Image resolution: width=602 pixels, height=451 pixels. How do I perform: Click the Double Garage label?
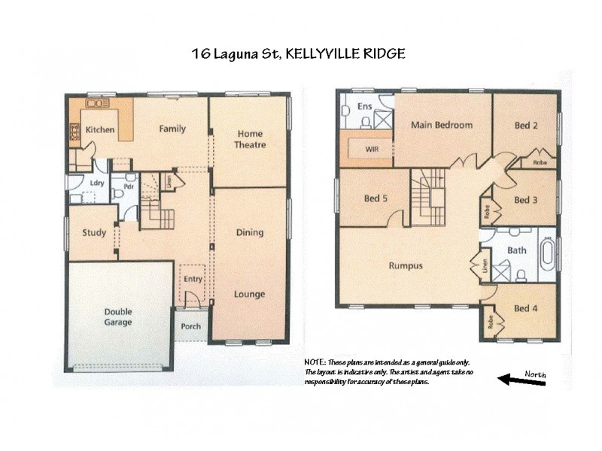[118, 316]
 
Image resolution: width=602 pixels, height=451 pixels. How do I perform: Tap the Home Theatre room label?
[250, 139]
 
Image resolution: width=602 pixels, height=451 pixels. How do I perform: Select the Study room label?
[94, 233]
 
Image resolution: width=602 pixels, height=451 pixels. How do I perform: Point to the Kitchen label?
[100, 130]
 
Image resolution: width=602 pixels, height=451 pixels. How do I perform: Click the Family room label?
[172, 129]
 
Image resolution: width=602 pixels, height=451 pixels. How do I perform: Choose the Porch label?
[191, 327]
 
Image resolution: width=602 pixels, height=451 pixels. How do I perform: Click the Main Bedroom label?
[442, 125]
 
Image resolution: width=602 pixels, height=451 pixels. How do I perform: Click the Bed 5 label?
[375, 198]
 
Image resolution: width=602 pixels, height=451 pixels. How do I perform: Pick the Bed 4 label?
[525, 308]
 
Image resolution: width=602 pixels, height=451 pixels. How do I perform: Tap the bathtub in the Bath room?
[547, 254]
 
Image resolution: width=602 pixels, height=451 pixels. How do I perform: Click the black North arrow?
[522, 382]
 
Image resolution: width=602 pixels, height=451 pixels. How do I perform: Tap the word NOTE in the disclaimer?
[315, 363]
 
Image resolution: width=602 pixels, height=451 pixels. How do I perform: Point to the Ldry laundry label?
[96, 183]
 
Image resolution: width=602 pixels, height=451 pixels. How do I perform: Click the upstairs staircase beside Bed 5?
[428, 197]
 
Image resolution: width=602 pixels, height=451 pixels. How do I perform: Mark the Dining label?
[249, 232]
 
